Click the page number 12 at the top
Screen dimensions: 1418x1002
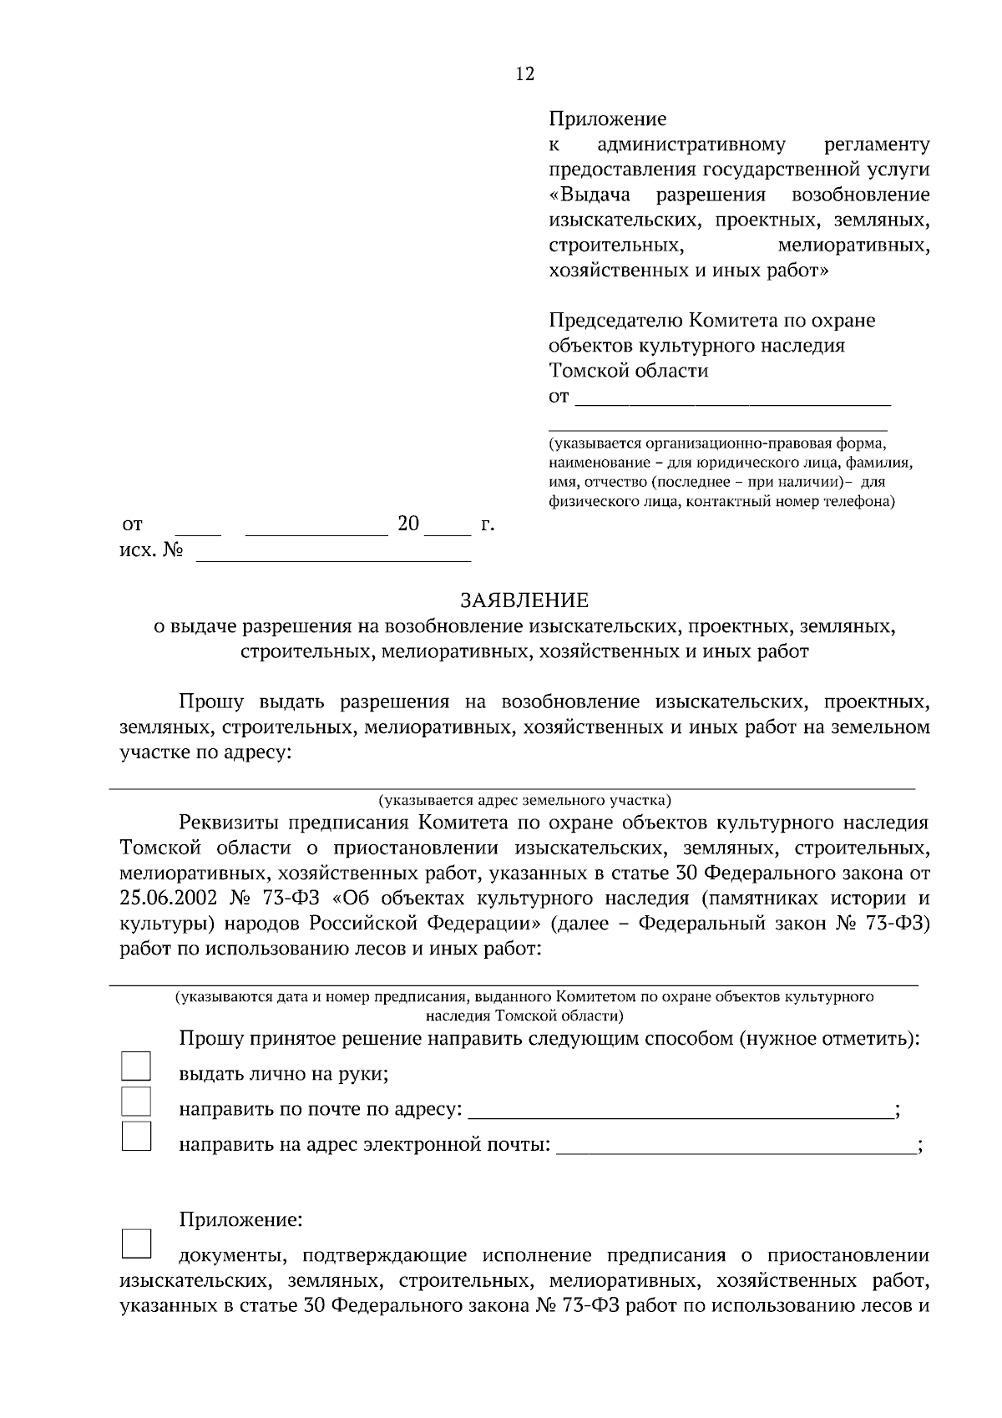point(524,73)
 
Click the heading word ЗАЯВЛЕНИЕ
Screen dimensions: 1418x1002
point(524,600)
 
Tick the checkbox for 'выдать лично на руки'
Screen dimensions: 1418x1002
point(136,1066)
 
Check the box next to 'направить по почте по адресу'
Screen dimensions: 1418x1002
point(136,1101)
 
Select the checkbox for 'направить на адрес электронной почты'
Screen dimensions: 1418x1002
point(136,1137)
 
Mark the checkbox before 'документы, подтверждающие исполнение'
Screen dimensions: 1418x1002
point(136,1243)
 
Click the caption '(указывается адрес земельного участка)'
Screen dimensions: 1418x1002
point(524,800)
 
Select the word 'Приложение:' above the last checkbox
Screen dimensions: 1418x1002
point(240,1220)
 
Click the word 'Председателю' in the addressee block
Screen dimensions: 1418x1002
point(615,321)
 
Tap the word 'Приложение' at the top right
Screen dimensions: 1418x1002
point(607,119)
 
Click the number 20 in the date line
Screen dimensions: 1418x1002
point(407,524)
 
